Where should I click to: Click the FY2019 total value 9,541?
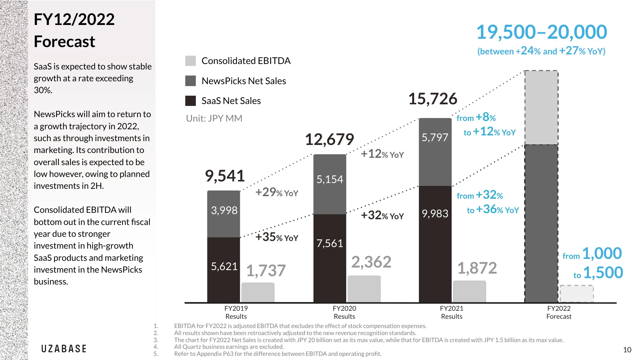tap(225, 176)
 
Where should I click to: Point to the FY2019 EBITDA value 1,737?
tap(266, 270)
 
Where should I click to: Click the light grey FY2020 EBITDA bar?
tap(364, 289)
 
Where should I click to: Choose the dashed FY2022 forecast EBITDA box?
tap(577, 293)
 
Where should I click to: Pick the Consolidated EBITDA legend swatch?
tap(190, 61)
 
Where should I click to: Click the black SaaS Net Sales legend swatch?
tap(190, 101)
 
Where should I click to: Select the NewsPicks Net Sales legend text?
tap(244, 81)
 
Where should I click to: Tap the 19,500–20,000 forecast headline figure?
tap(541, 32)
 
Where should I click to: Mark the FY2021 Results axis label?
tap(452, 312)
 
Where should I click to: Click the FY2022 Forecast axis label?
tap(559, 312)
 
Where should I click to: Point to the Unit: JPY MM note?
tap(214, 118)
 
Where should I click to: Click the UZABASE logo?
tap(64, 349)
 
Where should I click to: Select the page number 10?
tap(627, 350)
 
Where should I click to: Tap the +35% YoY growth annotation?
tap(277, 237)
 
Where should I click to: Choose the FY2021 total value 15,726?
tap(433, 99)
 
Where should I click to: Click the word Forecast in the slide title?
tap(65, 42)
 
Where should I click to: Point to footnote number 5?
tap(156, 354)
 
